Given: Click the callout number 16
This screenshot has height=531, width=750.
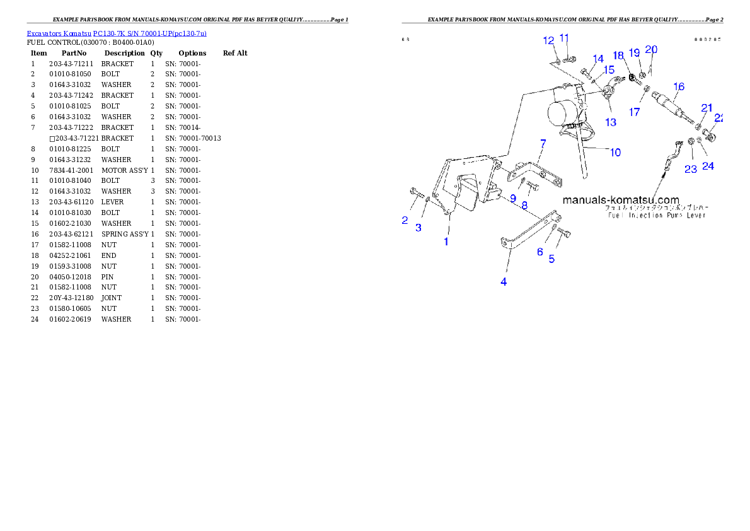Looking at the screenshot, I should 678,86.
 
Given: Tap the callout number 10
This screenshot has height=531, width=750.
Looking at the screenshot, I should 615,152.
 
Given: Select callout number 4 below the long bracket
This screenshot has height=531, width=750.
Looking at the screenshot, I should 504,282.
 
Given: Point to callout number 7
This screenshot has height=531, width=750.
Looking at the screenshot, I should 542,144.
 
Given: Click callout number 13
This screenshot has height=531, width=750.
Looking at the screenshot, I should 611,122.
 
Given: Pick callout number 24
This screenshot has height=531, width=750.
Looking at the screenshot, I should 708,166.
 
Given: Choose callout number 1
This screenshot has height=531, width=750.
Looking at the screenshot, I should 446,242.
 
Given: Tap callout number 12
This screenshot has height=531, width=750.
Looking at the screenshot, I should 549,40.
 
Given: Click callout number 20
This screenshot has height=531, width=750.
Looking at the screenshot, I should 651,50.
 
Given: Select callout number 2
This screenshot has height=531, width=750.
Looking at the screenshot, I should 405,220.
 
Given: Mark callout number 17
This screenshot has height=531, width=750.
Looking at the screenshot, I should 635,112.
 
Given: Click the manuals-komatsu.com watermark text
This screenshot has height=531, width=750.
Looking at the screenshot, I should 621,200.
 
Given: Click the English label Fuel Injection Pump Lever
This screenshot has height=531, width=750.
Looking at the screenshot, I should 657,215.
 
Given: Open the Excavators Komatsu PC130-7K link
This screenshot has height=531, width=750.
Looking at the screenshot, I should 117,33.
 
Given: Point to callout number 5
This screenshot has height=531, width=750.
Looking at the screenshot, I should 551,259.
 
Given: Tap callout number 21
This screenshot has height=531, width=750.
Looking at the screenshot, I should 707,107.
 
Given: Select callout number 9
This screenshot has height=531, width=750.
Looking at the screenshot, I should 513,198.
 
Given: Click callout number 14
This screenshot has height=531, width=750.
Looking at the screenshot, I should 597,58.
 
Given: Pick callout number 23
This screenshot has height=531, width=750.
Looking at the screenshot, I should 691,169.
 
